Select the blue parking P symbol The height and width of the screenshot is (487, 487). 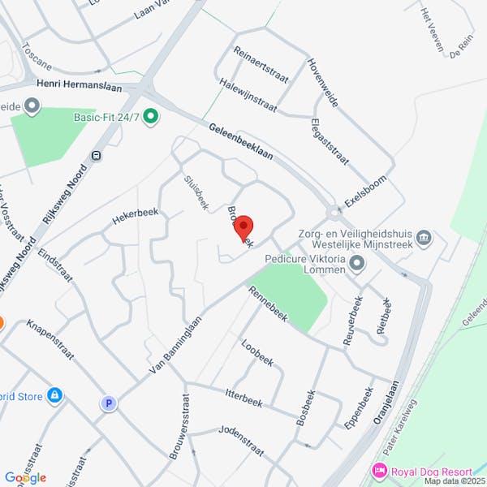(x=108, y=403)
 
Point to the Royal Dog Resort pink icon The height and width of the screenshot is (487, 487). (x=378, y=471)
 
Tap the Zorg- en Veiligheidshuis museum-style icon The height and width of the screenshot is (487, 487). (x=424, y=238)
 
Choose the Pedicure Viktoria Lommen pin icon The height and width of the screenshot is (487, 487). (x=359, y=261)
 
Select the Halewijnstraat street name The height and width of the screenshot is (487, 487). (x=248, y=96)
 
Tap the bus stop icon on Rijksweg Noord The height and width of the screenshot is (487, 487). (x=97, y=156)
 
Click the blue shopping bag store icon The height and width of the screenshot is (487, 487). (x=54, y=395)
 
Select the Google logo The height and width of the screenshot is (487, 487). (x=25, y=478)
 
